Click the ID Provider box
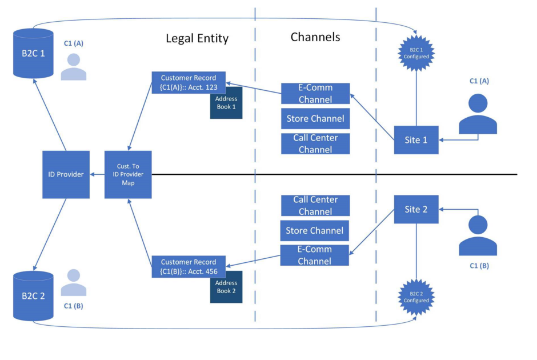[66, 174]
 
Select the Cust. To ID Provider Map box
[128, 174]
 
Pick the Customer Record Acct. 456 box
[189, 267]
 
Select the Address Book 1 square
[226, 103]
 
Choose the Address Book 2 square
[226, 287]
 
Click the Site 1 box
[416, 140]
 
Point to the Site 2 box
[416, 209]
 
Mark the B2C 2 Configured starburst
[416, 297]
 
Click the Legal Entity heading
[197, 39]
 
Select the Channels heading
[315, 37]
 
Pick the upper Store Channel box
[315, 119]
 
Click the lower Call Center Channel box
[315, 206]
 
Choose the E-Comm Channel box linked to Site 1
[315, 94]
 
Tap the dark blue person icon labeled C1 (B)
[478, 235]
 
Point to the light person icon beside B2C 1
[74, 67]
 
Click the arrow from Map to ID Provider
[97, 174]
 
